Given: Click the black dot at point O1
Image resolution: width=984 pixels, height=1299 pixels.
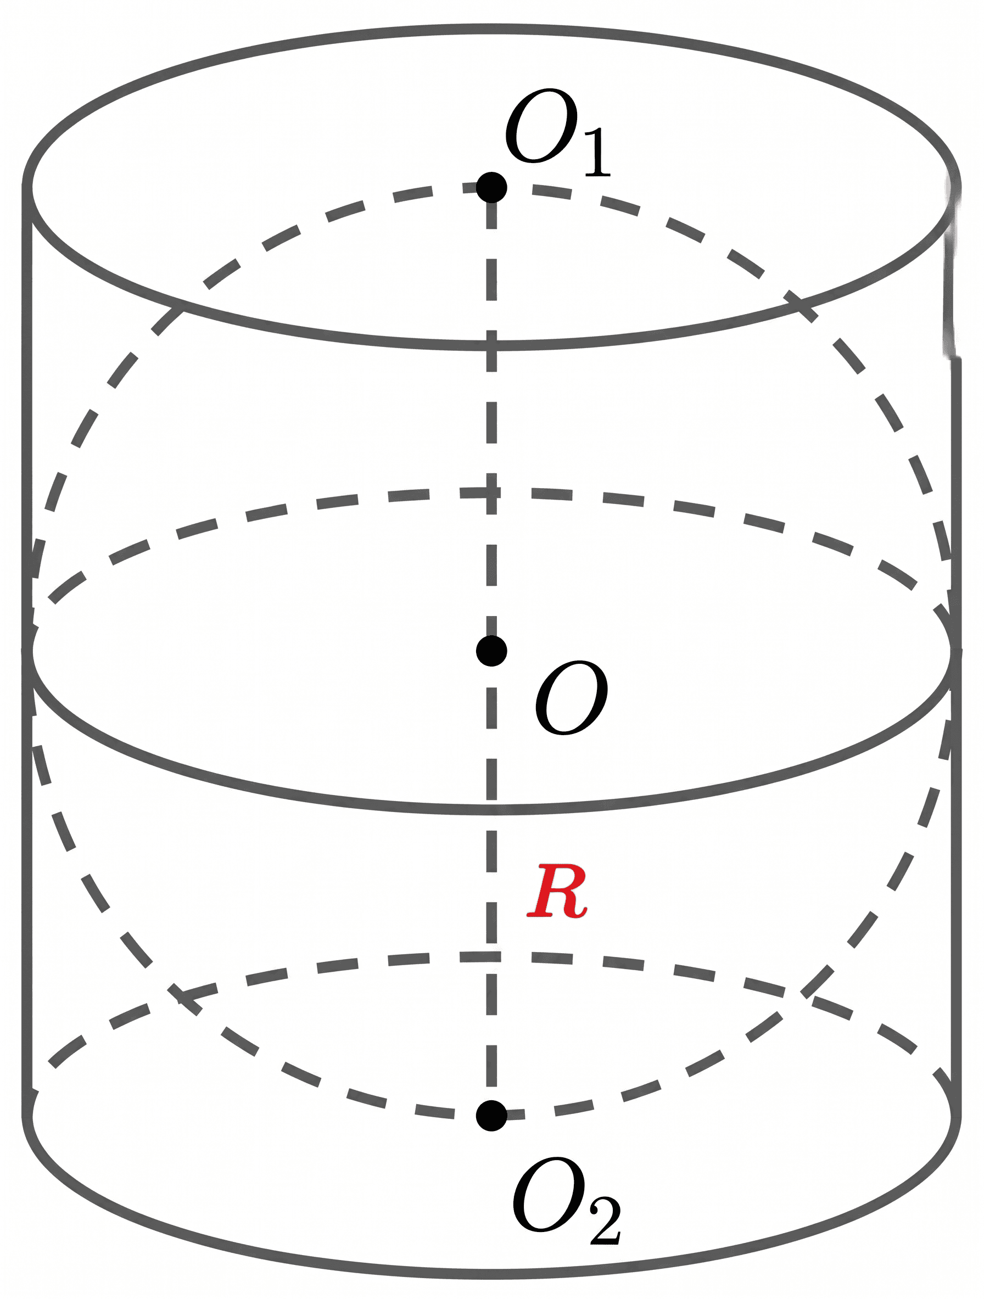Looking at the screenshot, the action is (x=491, y=187).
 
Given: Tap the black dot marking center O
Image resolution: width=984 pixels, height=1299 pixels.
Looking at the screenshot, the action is (x=491, y=651).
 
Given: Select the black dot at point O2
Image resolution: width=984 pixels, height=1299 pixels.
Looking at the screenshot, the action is (x=491, y=1115).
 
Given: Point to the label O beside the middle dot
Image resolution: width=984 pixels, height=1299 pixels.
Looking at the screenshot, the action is (x=572, y=697).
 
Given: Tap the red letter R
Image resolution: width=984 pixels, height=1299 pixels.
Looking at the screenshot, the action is (x=556, y=891).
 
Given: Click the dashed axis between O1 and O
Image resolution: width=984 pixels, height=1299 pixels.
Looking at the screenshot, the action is (x=491, y=419).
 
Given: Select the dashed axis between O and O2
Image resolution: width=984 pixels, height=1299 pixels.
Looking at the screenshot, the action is (x=491, y=883).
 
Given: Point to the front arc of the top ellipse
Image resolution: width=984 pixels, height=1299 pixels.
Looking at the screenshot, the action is (x=491, y=345).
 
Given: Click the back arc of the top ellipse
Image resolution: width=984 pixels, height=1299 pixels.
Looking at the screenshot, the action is (x=491, y=29).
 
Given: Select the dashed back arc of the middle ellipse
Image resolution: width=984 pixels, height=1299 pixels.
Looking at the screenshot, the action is (x=491, y=492).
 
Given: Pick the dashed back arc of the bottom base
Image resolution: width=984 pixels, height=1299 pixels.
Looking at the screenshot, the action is (x=491, y=956).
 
